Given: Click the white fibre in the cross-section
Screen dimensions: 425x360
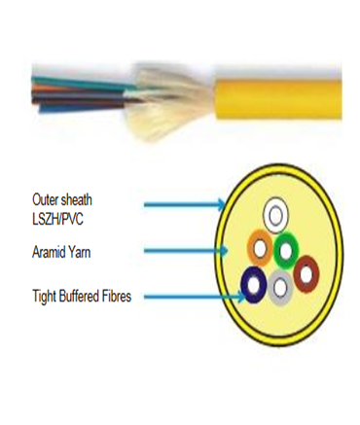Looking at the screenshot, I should click(x=278, y=213).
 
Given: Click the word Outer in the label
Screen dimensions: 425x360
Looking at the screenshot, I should click(x=46, y=198).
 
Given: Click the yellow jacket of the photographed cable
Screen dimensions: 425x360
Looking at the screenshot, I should click(x=282, y=93).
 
